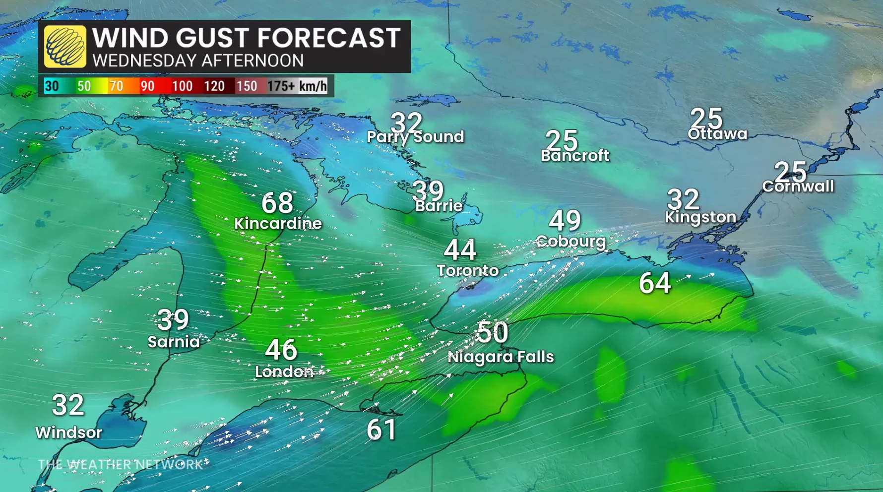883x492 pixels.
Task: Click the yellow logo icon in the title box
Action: (x=65, y=47)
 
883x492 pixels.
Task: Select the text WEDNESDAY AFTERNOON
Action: (x=198, y=61)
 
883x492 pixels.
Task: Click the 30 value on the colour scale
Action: (x=52, y=86)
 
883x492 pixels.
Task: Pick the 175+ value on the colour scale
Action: (x=281, y=86)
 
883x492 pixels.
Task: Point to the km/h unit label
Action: (x=313, y=86)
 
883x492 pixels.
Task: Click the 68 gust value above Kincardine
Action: (x=277, y=203)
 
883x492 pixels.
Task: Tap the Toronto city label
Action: (x=467, y=270)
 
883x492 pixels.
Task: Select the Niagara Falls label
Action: (x=501, y=357)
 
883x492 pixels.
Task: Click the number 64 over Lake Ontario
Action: (x=655, y=283)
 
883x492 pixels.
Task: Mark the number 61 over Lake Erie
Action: (x=381, y=430)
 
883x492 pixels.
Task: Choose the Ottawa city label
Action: (x=717, y=134)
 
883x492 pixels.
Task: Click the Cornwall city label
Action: (x=798, y=186)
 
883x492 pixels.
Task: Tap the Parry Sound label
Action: (x=415, y=137)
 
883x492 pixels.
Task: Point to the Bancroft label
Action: (x=575, y=156)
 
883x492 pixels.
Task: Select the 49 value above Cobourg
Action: (x=565, y=220)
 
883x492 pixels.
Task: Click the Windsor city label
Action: (x=68, y=432)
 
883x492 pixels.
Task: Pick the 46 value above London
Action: (x=281, y=350)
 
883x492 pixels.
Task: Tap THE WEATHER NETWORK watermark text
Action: (x=121, y=465)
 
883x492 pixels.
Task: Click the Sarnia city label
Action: (x=174, y=342)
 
